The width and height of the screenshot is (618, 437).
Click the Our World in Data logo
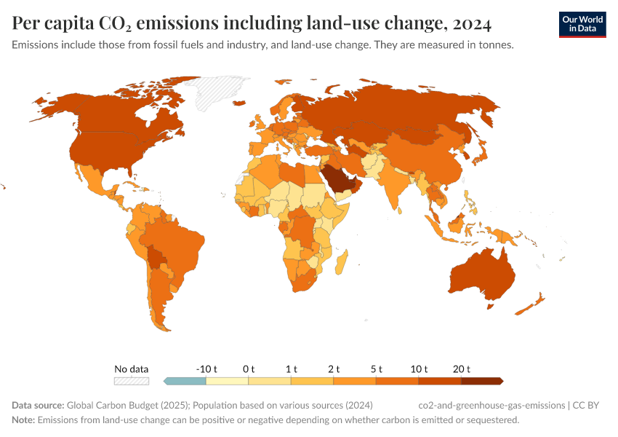(582, 24)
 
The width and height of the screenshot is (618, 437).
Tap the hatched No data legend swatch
(132, 380)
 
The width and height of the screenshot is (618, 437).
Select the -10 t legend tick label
(206, 369)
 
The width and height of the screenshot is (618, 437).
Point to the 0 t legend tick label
(249, 369)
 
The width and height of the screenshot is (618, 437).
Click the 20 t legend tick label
(461, 369)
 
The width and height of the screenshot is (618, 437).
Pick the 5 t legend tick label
(376, 369)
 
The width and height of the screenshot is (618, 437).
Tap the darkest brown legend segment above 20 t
(481, 380)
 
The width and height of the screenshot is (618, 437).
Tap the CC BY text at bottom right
(590, 405)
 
